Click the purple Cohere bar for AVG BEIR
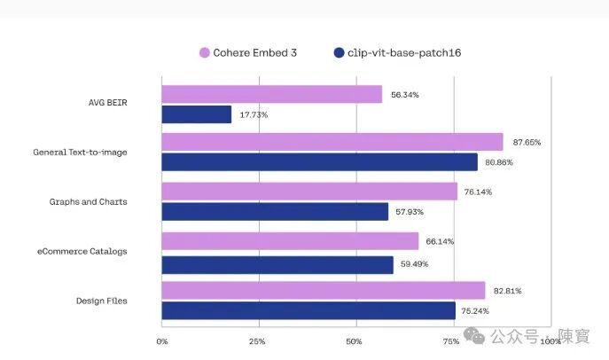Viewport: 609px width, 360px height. point(272,94)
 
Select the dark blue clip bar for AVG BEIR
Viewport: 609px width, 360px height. point(197,114)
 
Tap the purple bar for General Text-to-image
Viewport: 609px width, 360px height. point(332,142)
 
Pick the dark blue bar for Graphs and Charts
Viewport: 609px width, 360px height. point(275,212)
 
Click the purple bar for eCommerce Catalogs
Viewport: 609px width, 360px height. point(290,241)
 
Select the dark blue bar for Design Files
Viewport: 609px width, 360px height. point(308,310)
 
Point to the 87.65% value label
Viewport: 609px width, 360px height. point(527,142)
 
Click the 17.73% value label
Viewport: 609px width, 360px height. point(254,114)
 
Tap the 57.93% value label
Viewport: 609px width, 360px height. point(410,212)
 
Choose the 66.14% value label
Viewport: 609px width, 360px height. point(440,241)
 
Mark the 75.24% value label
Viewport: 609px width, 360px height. point(475,310)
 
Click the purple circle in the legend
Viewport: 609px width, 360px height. point(205,52)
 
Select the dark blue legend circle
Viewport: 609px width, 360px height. point(339,52)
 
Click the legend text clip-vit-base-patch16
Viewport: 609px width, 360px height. point(404,53)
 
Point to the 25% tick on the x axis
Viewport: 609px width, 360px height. point(257,341)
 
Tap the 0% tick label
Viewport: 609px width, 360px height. point(162,341)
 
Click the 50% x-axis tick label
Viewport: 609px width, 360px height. point(354,341)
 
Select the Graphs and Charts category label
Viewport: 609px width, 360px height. point(88,201)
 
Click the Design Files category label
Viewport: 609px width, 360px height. point(101,301)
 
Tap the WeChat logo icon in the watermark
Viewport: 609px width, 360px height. point(474,335)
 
